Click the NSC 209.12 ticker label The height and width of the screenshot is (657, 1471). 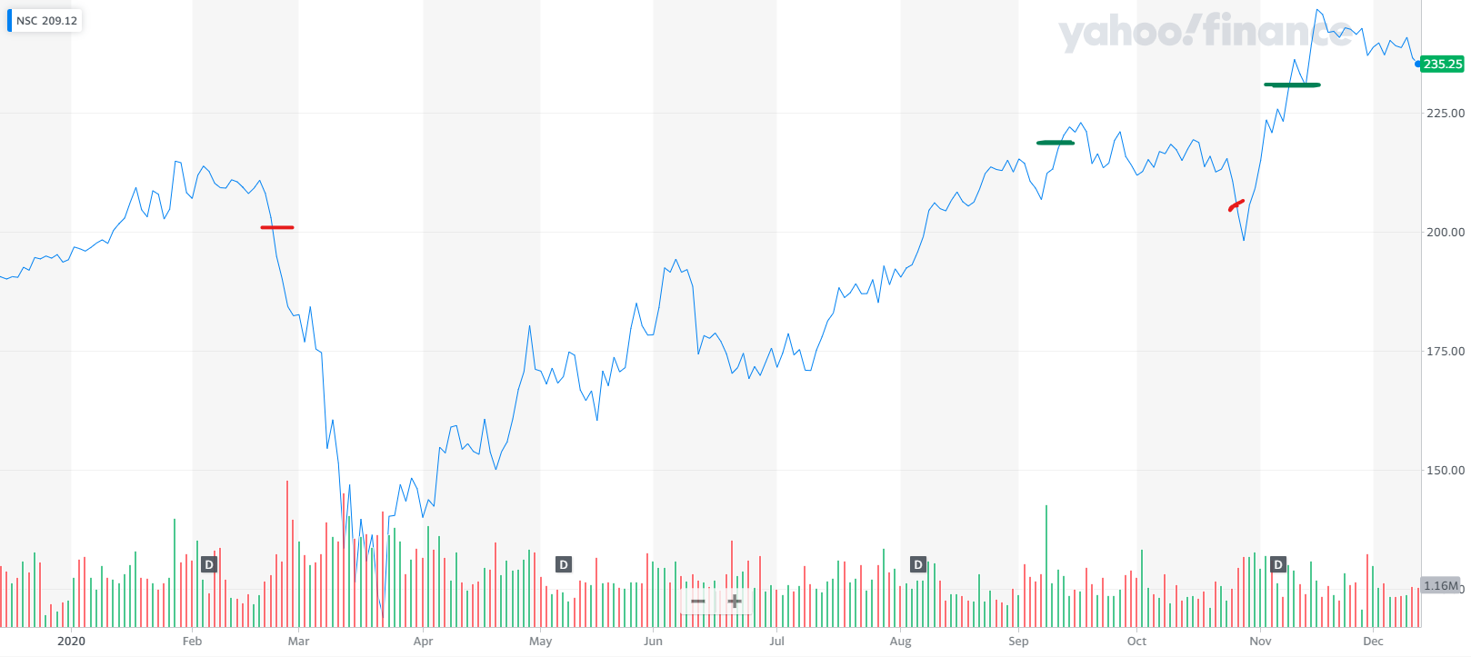click(x=46, y=21)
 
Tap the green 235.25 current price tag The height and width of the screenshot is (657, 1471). click(x=1442, y=64)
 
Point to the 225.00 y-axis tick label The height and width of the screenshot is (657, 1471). click(x=1445, y=113)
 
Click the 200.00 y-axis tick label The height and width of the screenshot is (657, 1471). click(x=1445, y=232)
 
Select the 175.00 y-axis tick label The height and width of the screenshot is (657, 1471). click(x=1445, y=351)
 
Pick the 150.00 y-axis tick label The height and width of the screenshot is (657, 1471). click(x=1445, y=470)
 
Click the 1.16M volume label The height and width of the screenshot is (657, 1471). click(x=1440, y=586)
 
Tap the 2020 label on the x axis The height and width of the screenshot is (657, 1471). click(x=71, y=641)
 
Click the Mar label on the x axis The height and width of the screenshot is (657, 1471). click(x=298, y=641)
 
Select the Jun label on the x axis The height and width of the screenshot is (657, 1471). click(x=653, y=641)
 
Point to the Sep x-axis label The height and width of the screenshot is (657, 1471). click(x=1018, y=641)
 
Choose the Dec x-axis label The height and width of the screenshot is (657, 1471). click(x=1373, y=641)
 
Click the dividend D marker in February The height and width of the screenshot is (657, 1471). click(x=209, y=564)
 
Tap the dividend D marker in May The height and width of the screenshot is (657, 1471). click(x=564, y=564)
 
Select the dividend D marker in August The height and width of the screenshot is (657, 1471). click(x=918, y=564)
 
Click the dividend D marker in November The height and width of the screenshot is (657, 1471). click(x=1278, y=564)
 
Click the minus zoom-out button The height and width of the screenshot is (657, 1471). click(x=698, y=601)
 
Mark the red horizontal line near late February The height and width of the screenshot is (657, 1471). click(x=277, y=227)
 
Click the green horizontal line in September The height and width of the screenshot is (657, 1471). click(x=1055, y=143)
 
